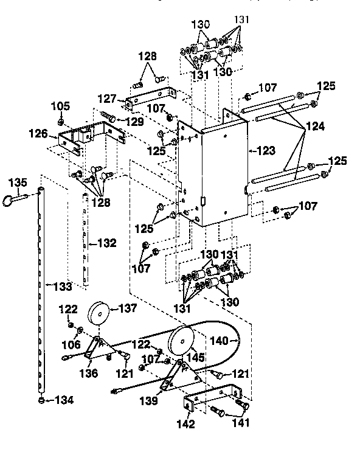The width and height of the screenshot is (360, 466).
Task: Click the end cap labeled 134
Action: click(41, 400)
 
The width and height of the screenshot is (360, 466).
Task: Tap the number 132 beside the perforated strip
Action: click(105, 243)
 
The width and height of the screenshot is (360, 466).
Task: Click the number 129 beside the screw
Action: click(134, 122)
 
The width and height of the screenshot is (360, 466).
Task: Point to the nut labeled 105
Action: click(61, 122)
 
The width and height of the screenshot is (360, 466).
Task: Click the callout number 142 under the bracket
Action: click(186, 423)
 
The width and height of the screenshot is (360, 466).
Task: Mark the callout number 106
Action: click(72, 344)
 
